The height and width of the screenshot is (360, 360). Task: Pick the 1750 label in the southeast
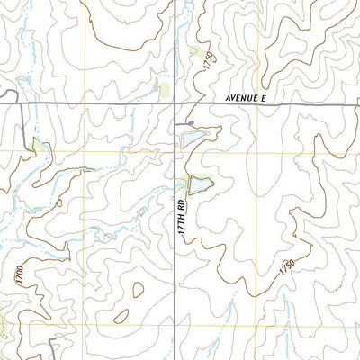point(287,267)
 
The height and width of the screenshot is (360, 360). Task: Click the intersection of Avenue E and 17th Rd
point(175,105)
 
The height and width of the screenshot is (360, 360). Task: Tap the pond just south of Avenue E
point(193,137)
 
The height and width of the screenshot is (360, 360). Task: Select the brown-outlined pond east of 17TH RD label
point(201,184)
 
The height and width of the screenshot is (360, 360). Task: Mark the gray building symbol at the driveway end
point(190,123)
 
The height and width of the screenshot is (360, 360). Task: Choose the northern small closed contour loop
point(137,290)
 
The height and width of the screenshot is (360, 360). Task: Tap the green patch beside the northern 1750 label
point(196,52)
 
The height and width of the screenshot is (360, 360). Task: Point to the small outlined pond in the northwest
point(38,144)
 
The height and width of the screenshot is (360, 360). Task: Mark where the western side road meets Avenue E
point(22,105)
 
